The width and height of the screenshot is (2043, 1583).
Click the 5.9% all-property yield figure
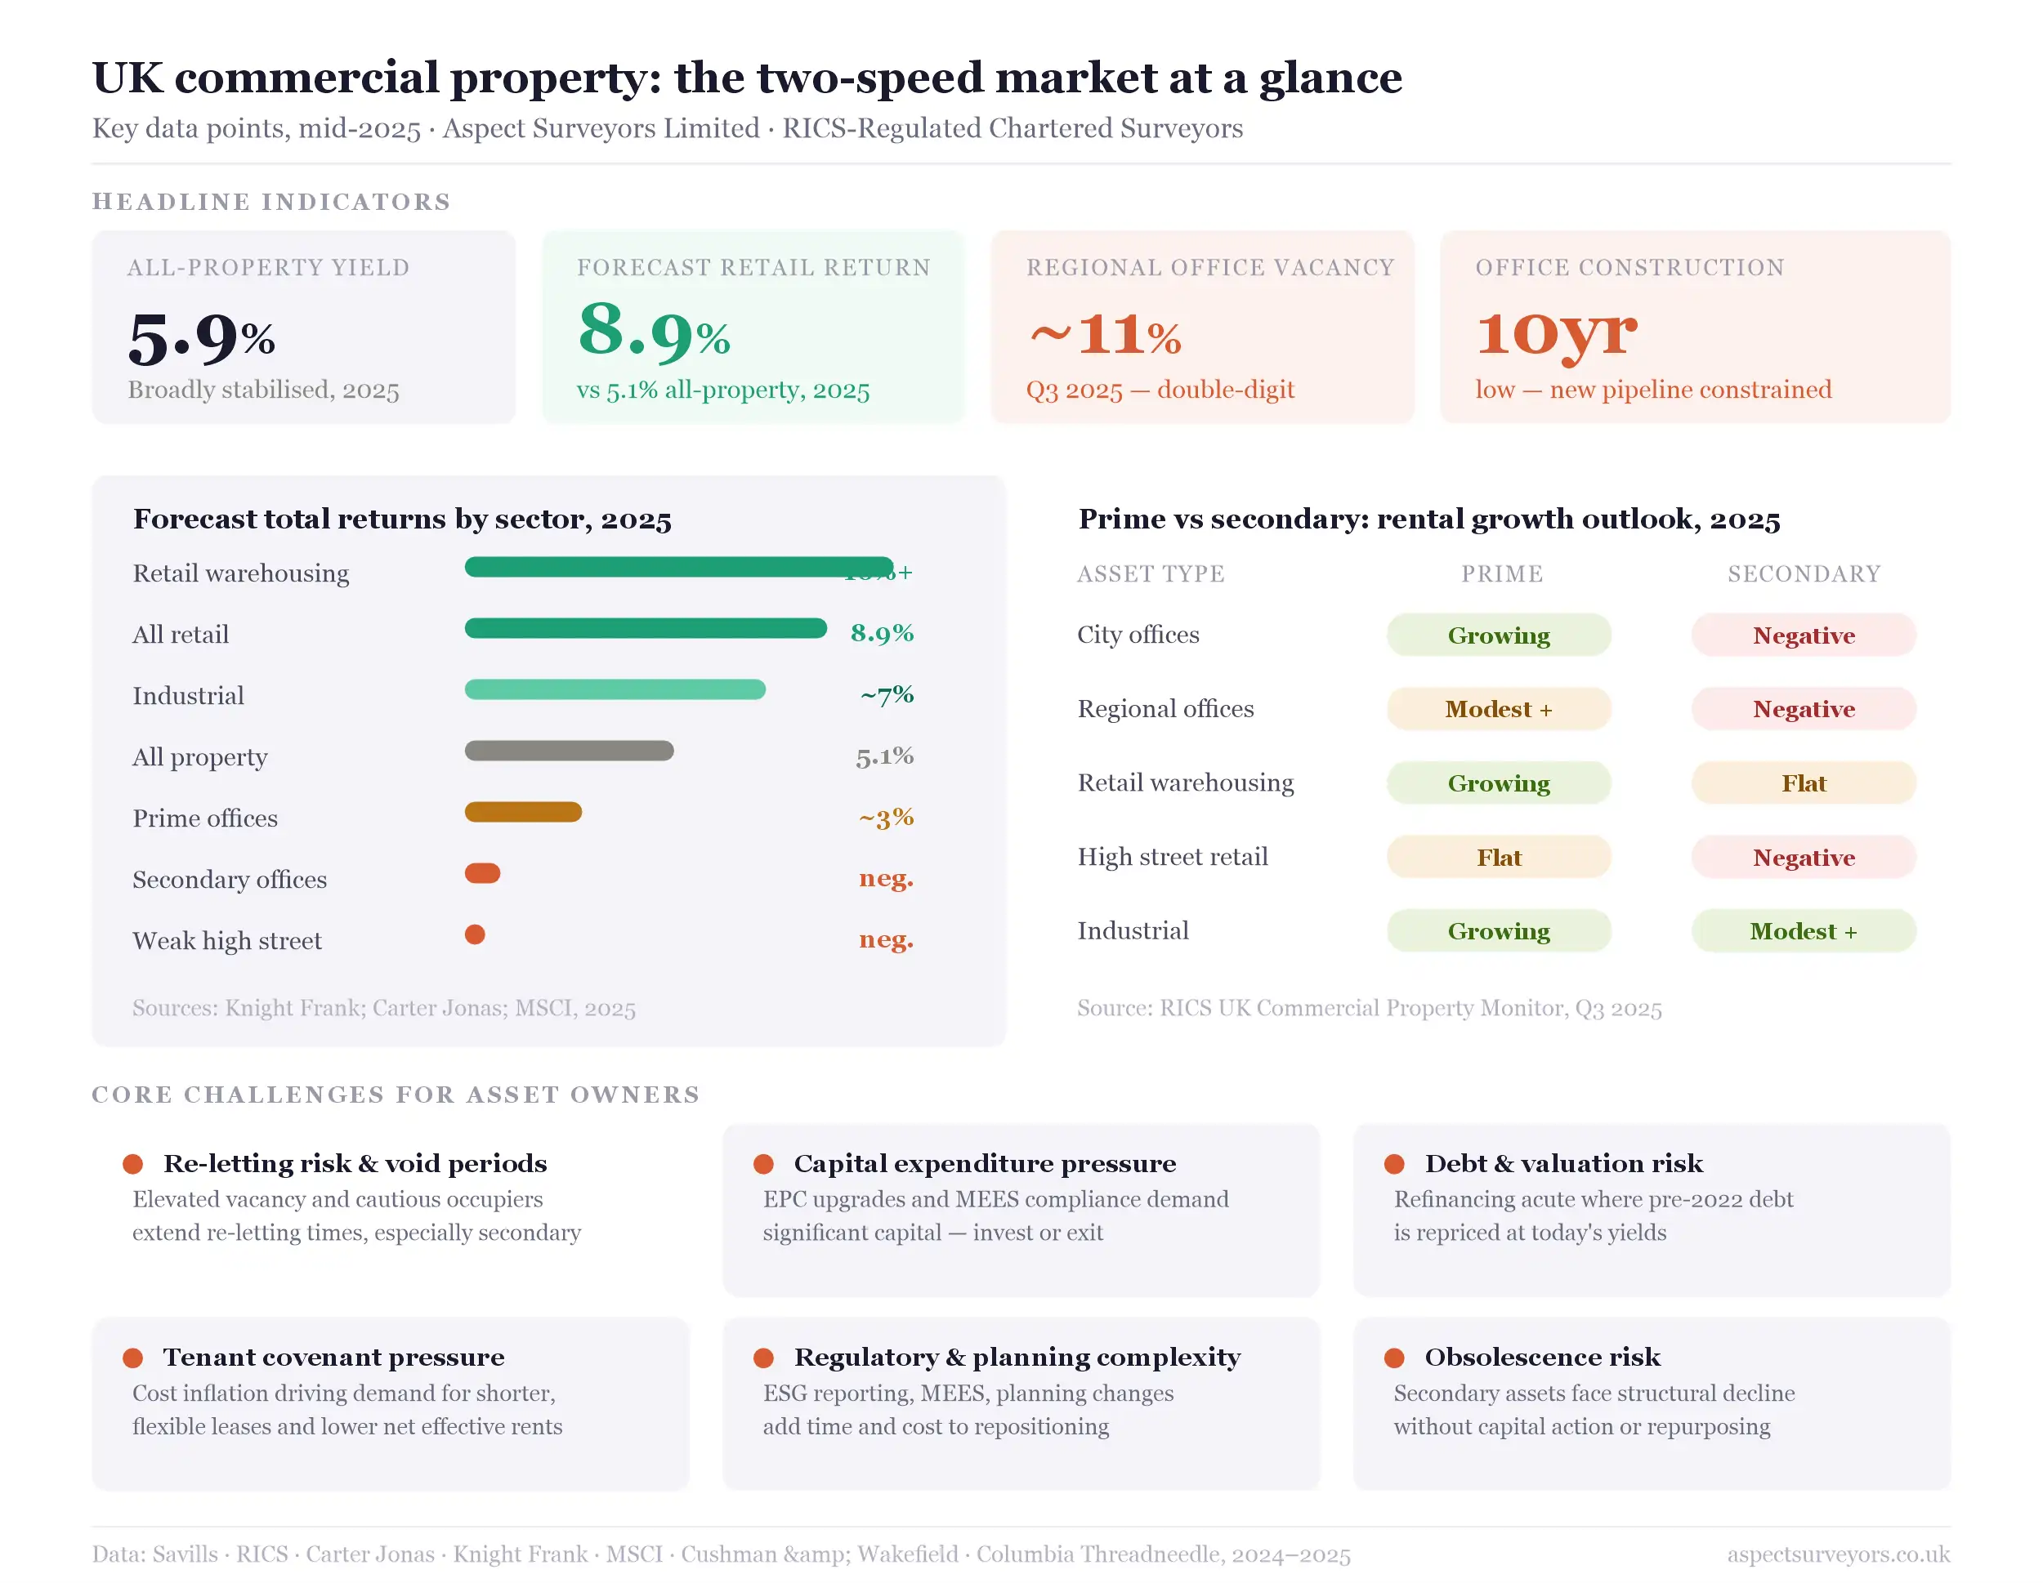tap(201, 337)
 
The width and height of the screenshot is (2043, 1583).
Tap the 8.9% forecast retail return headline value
tap(653, 334)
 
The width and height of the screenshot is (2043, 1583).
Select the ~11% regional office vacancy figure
tap(1105, 335)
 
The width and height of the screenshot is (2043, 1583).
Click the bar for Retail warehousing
tap(678, 568)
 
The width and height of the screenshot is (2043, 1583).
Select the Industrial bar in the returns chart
tap(615, 690)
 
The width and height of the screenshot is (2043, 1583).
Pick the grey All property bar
tap(569, 751)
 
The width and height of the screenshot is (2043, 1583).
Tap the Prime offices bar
tap(523, 813)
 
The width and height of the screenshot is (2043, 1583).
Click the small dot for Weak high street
tap(476, 934)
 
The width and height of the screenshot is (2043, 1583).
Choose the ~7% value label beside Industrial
tap(886, 695)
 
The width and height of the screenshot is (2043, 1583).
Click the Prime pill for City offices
tap(1499, 635)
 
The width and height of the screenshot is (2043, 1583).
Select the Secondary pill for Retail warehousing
tap(1803, 783)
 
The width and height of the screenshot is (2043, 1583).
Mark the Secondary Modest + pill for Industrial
tap(1803, 931)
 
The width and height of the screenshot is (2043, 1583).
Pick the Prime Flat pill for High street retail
tap(1499, 858)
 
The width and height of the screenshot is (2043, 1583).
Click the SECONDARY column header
tap(1804, 574)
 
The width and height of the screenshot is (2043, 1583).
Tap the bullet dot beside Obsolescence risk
tap(1394, 1358)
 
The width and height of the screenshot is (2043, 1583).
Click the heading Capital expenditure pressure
tap(984, 1163)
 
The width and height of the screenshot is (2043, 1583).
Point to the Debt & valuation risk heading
tap(1563, 1163)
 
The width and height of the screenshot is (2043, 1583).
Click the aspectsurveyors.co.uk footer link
tap(1838, 1554)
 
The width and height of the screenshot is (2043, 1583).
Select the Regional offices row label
tap(1165, 709)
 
